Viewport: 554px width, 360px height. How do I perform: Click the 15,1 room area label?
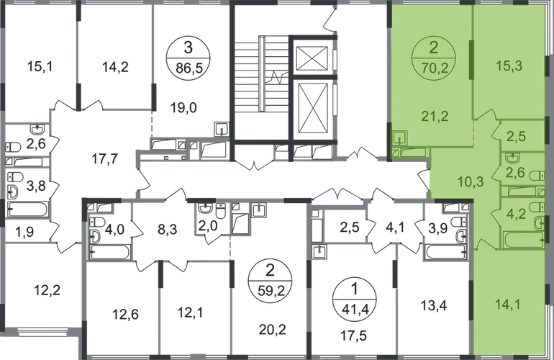click(40, 66)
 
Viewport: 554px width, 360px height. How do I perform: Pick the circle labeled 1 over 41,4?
click(355, 300)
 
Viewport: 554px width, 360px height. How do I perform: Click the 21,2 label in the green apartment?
click(435, 116)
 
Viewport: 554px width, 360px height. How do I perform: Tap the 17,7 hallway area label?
click(104, 159)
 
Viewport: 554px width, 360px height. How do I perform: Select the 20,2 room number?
click(273, 330)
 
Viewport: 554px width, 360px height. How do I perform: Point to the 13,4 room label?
click(434, 305)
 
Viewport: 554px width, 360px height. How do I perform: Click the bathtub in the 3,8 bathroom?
click(27, 210)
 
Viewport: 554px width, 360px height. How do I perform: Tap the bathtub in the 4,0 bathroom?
click(109, 253)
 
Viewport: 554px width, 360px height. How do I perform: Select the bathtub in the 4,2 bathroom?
click(522, 240)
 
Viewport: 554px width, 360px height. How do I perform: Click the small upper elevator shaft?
click(312, 58)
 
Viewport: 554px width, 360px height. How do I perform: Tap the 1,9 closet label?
click(25, 232)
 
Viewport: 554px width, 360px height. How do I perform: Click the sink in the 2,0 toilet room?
click(205, 209)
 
